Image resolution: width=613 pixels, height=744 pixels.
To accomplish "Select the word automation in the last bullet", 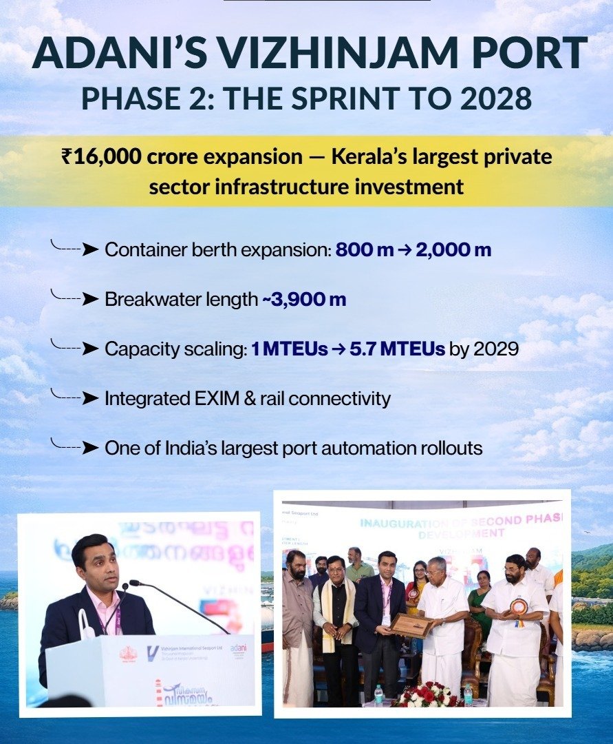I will click(361, 448).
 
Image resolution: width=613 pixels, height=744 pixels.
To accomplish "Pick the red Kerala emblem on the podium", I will click(128, 654).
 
